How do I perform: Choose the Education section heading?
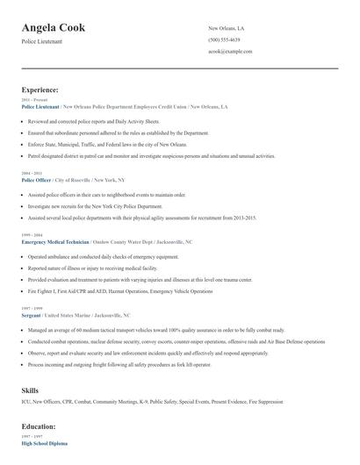pyautogui.click(x=40, y=426)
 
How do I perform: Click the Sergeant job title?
pyautogui.click(x=32, y=314)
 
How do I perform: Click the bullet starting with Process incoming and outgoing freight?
pyautogui.click(x=136, y=361)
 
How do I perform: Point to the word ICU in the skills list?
pyautogui.click(x=26, y=403)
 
